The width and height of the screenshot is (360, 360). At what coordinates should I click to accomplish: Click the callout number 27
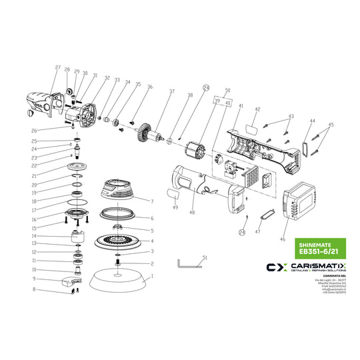[58, 69]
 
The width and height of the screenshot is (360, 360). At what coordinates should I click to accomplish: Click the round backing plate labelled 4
[117, 241]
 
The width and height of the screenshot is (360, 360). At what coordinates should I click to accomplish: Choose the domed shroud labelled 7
[120, 191]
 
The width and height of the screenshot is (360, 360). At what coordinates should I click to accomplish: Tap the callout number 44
[311, 121]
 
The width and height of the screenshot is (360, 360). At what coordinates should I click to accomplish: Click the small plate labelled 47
[268, 215]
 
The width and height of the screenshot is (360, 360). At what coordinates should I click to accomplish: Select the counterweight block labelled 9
[69, 281]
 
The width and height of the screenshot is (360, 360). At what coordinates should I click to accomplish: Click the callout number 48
[193, 213]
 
